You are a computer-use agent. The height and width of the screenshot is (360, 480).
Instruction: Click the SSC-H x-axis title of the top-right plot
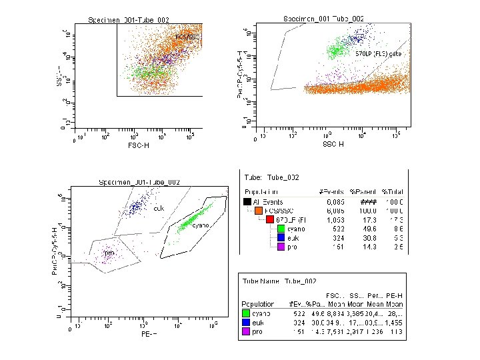[333, 144]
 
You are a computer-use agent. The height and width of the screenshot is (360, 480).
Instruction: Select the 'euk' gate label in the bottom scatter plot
[159, 209]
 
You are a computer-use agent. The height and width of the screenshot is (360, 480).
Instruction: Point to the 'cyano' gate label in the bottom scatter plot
[201, 226]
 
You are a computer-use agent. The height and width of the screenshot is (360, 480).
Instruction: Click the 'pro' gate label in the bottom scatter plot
[109, 253]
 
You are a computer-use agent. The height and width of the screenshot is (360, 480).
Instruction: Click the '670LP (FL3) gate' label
[378, 53]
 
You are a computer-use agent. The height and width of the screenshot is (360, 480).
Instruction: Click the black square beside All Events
[247, 202]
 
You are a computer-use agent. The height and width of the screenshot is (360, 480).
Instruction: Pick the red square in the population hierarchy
[270, 219]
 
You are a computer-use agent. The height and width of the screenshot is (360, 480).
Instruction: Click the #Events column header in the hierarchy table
[331, 192]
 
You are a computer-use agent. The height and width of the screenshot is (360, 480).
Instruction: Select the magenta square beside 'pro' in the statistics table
[247, 332]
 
